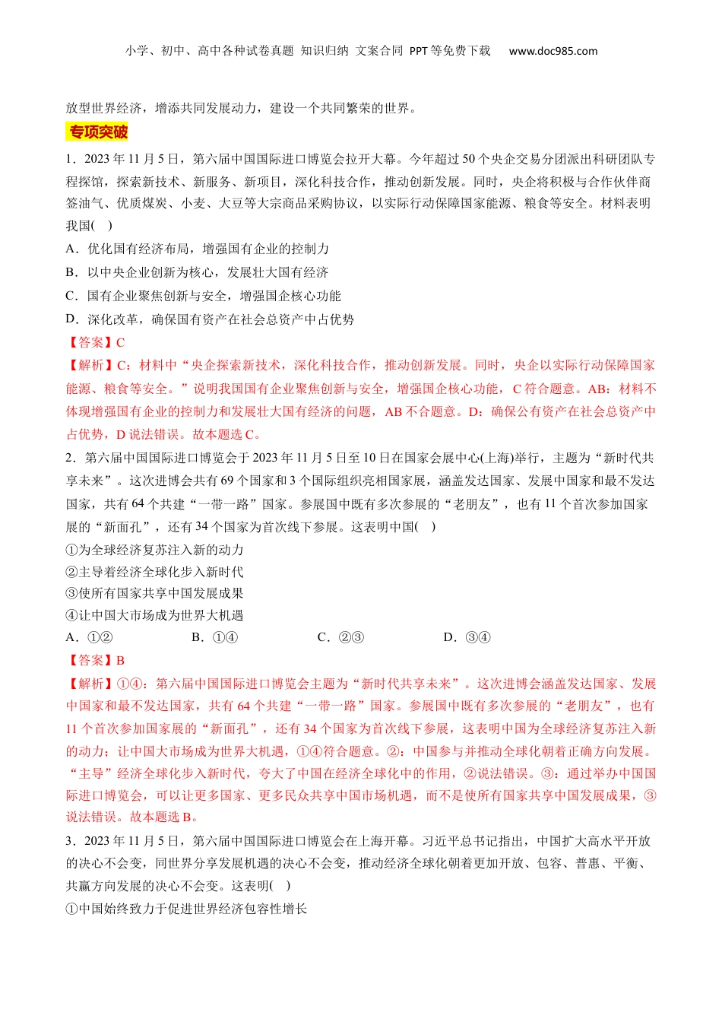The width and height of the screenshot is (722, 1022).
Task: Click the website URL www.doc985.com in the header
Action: [553, 52]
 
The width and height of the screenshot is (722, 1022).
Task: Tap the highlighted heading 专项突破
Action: [98, 132]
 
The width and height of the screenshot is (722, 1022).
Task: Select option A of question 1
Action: [198, 249]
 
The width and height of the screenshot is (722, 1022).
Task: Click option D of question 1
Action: [210, 319]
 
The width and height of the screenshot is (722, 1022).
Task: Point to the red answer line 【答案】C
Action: [96, 343]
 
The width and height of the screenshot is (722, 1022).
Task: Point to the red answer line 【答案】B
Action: [96, 661]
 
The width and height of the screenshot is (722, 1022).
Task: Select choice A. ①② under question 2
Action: [90, 637]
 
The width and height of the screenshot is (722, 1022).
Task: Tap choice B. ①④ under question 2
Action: [215, 637]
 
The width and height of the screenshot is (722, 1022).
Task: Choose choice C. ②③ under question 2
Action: [340, 637]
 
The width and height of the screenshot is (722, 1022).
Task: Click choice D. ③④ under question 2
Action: [467, 637]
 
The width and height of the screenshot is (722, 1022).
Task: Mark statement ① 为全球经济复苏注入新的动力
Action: [155, 550]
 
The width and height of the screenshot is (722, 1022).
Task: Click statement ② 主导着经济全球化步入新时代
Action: [155, 572]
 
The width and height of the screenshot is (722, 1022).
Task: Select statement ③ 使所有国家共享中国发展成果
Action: [155, 593]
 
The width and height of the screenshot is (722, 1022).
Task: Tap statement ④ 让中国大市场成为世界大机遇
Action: [155, 615]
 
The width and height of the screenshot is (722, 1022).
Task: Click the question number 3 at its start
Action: [70, 841]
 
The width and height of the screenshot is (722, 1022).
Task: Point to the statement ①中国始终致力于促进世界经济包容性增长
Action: [187, 909]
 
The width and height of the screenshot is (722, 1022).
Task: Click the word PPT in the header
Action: [419, 52]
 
